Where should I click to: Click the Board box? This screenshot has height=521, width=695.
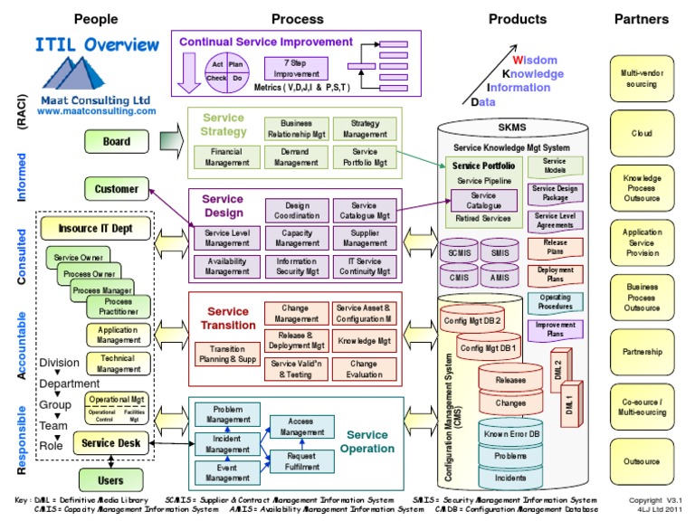pyautogui.click(x=116, y=141)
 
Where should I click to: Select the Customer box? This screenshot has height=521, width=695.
pyautogui.click(x=117, y=189)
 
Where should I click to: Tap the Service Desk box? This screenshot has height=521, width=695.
pyautogui.click(x=110, y=443)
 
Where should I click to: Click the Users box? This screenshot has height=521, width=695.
pyautogui.click(x=109, y=479)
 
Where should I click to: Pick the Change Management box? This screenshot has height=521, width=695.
pyautogui.click(x=296, y=313)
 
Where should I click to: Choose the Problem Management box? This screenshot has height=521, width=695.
pyautogui.click(x=221, y=414)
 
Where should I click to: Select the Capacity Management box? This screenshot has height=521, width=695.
pyautogui.click(x=297, y=238)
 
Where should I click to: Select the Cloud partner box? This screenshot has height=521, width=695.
pyautogui.click(x=642, y=133)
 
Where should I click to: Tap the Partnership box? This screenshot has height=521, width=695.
pyautogui.click(x=642, y=352)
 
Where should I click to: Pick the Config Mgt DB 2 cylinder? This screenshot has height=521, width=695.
pyautogui.click(x=471, y=320)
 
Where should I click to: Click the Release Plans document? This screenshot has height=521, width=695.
pyautogui.click(x=556, y=246)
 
